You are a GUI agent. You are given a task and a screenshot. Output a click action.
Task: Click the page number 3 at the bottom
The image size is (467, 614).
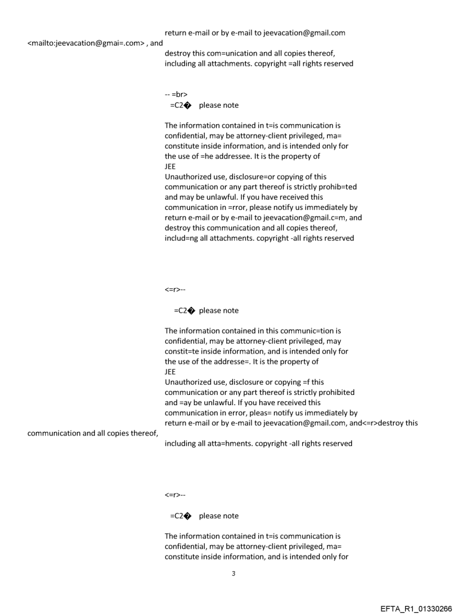[x=233, y=573]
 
